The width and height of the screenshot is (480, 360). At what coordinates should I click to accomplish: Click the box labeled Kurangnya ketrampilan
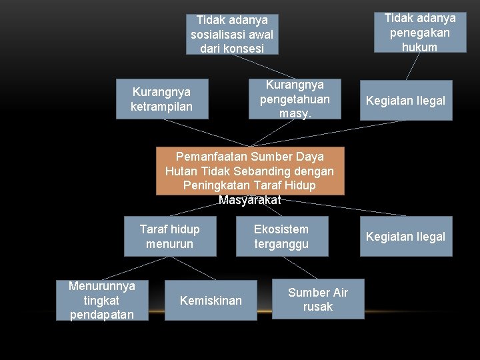tap(162, 99)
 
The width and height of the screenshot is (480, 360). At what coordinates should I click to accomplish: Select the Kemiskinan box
tap(211, 301)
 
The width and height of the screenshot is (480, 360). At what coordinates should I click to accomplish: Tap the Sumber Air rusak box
tap(317, 299)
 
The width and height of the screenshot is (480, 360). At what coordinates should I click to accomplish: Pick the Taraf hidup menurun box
tap(169, 236)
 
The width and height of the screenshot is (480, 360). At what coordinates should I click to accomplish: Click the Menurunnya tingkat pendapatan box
tap(102, 300)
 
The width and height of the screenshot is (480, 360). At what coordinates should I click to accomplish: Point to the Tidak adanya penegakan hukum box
tap(419, 32)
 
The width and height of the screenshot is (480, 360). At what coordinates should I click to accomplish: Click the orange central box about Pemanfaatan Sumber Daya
tap(250, 171)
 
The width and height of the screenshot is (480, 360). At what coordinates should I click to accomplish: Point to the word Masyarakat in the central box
tap(250, 199)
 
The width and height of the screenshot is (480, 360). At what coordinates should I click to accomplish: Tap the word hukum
tap(419, 47)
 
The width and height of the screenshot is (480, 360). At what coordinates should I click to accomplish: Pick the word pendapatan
tap(102, 314)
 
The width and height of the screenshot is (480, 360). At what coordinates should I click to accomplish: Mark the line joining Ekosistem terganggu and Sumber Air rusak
tap(299, 267)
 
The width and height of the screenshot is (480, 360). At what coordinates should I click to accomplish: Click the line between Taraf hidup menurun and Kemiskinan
tap(193, 267)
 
